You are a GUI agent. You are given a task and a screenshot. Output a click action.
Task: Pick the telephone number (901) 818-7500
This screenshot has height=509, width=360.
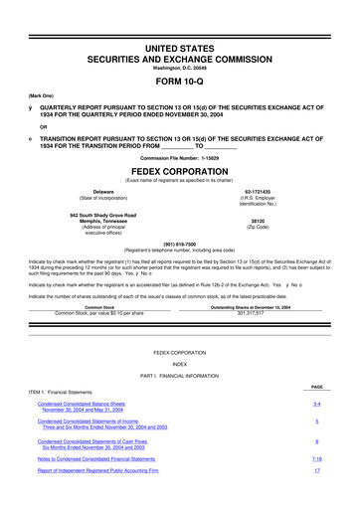coord(179,245)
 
